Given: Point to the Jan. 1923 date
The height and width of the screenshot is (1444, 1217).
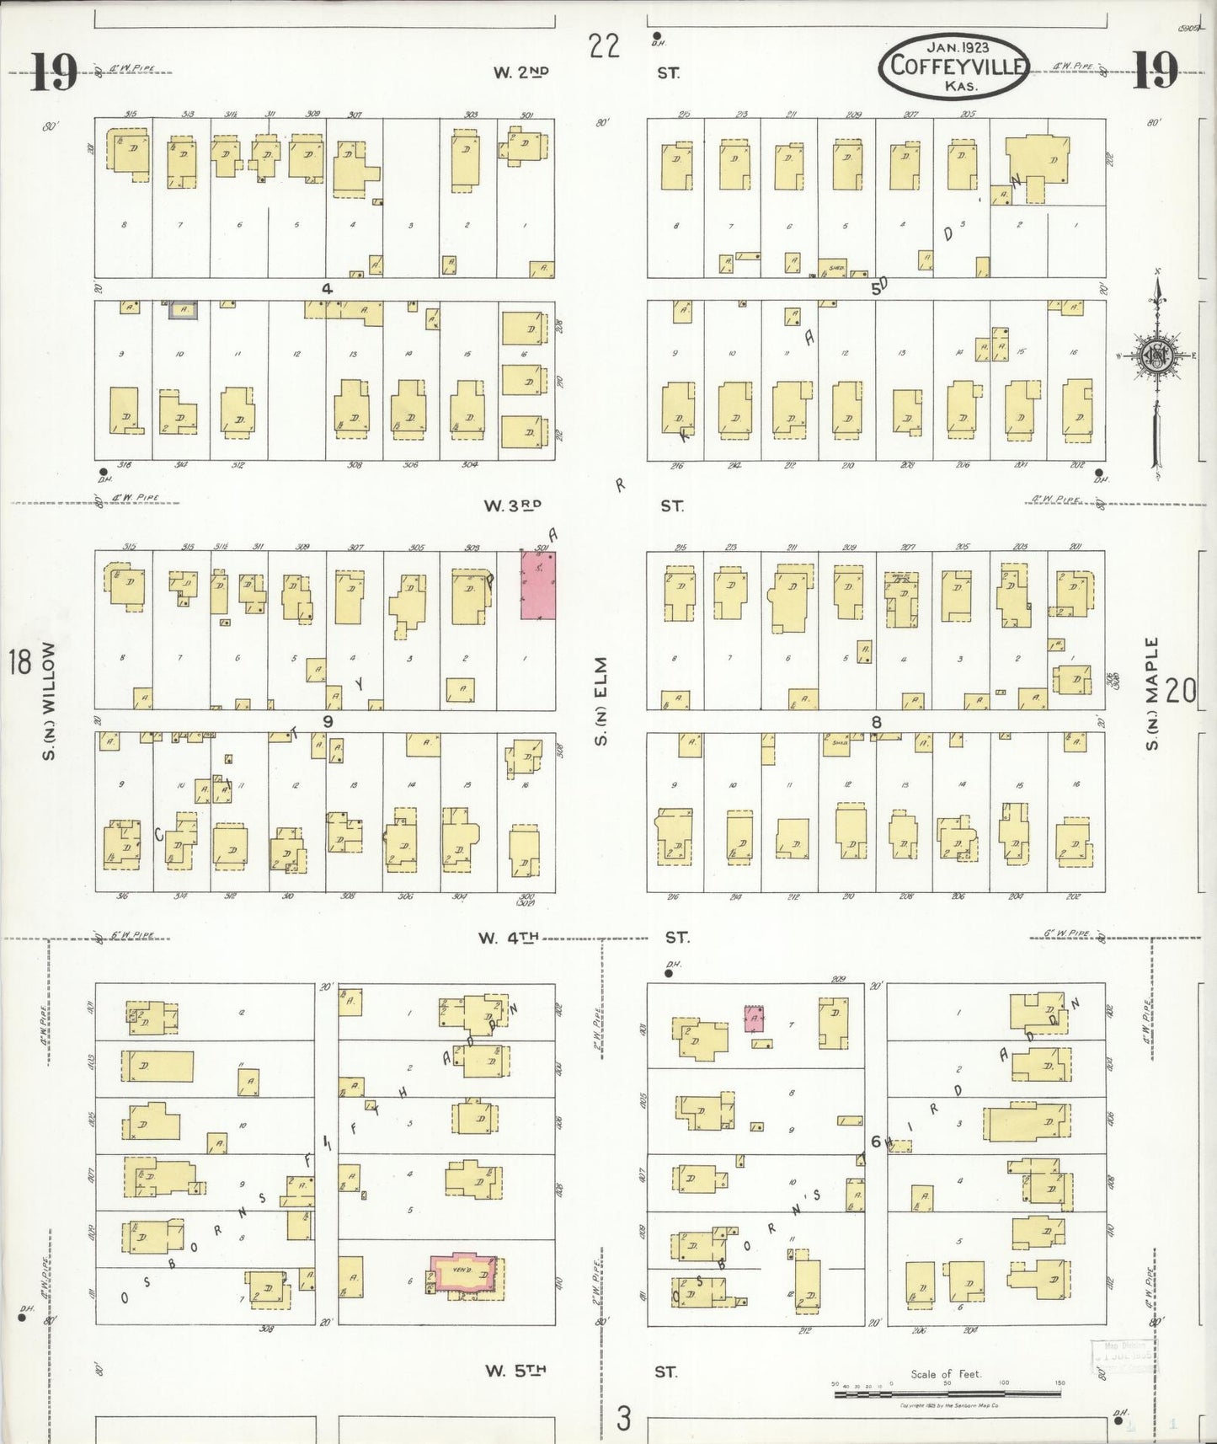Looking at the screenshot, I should coord(958,47).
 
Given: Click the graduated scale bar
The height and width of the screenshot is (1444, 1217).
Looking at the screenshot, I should coord(947,1393).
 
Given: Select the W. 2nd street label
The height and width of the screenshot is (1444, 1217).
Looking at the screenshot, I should coord(520,72).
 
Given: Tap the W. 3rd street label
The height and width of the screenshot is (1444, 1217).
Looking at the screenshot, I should coord(512,505).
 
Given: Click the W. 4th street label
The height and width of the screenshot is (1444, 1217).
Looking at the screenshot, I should coord(508,938).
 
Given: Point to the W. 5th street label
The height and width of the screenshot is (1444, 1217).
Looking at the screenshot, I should coord(515,1371).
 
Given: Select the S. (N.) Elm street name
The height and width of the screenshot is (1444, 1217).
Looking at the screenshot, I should coord(601,702).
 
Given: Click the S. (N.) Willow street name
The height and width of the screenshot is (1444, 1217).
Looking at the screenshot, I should coord(49,702).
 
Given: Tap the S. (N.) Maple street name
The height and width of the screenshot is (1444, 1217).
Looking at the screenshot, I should coord(1152,693).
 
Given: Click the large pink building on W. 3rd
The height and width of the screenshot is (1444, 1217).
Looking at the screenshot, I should coord(537,586).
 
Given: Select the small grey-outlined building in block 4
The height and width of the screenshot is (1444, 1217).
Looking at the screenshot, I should coord(184,310).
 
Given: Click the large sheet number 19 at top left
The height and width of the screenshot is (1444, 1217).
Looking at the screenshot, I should coord(53,72).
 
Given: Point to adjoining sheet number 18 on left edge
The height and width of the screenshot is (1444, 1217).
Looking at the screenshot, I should coord(19,662).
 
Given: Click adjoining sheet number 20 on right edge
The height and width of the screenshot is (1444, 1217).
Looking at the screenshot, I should coord(1182,692).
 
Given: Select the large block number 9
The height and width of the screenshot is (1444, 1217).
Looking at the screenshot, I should coord(327,721).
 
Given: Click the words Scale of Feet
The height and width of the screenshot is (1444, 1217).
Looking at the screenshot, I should coord(946,1374).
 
